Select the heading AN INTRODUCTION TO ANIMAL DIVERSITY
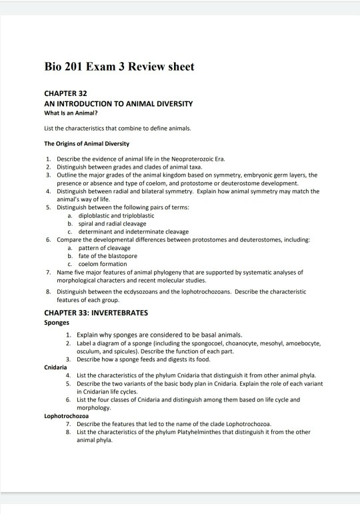[x=118, y=104]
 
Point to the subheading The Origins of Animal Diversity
[x=87, y=143]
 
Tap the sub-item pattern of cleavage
[x=104, y=247]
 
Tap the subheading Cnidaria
[x=55, y=367]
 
